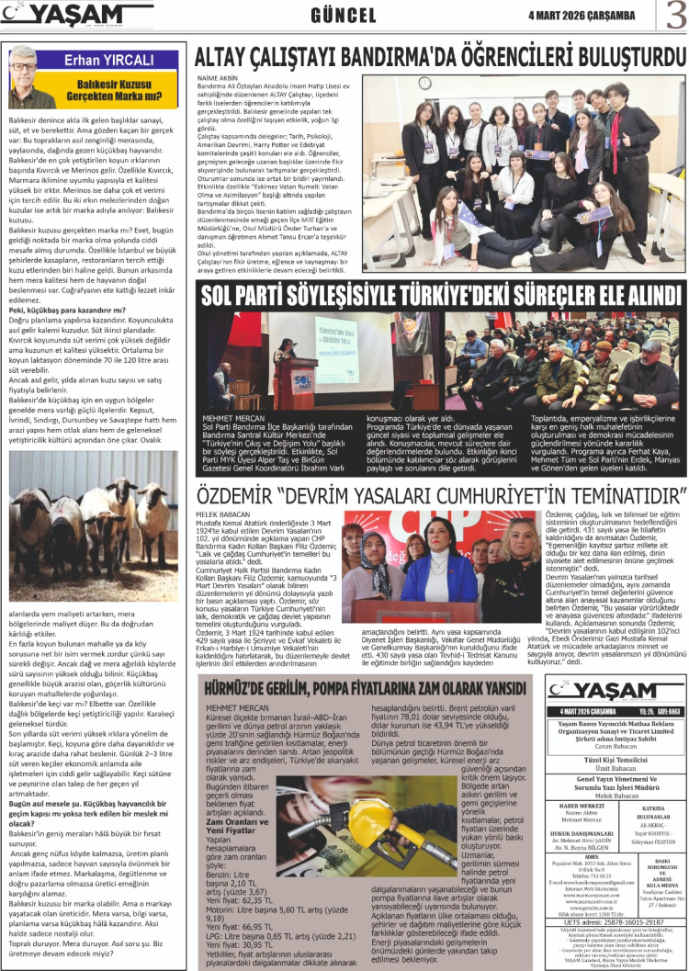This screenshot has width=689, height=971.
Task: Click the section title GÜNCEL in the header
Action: pyautogui.click(x=344, y=17)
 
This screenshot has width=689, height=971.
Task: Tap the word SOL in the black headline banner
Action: pyautogui.click(x=224, y=296)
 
